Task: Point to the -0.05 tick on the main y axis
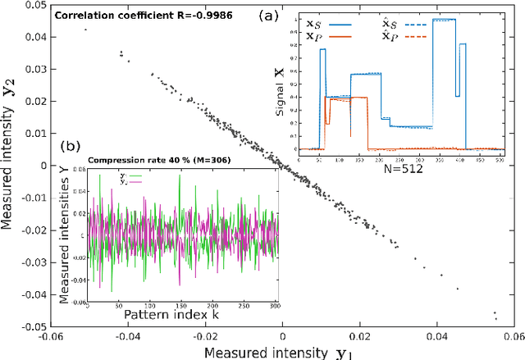click(24, 326)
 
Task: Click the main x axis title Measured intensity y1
click(282, 352)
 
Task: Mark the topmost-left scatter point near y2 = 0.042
click(85, 30)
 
